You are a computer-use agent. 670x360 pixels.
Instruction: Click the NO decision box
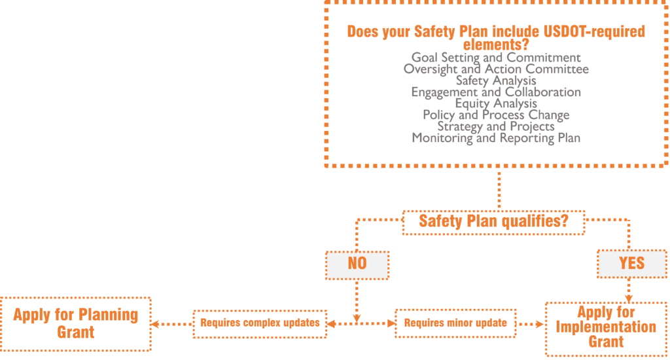(357, 266)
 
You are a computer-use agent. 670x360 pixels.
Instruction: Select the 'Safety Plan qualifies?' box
(493, 223)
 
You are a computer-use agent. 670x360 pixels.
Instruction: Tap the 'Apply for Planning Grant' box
(76, 324)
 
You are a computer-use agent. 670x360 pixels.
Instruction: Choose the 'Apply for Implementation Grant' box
(606, 329)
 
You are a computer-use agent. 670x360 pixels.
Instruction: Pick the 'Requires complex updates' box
(260, 324)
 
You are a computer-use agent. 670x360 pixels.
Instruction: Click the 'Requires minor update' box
(455, 323)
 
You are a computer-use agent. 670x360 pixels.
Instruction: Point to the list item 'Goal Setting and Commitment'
(496, 58)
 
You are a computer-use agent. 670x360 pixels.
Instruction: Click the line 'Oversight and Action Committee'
(496, 69)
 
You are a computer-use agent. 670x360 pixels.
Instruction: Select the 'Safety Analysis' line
(496, 81)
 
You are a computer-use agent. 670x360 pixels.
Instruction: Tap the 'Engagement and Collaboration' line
(496, 92)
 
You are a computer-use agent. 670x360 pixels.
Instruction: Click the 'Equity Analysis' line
(496, 103)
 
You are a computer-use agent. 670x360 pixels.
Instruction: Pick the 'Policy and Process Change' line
(496, 115)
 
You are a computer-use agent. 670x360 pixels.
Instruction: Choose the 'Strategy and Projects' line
(496, 126)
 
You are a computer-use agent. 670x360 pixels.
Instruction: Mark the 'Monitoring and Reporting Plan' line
(496, 138)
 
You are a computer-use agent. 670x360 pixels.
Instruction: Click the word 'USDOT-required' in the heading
(594, 31)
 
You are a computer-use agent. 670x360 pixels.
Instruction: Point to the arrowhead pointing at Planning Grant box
(155, 324)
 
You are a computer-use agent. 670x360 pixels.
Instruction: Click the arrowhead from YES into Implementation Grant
(629, 298)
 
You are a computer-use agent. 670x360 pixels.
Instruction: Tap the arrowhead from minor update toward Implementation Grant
(540, 324)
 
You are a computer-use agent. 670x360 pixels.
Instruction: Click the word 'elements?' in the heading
(496, 45)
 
